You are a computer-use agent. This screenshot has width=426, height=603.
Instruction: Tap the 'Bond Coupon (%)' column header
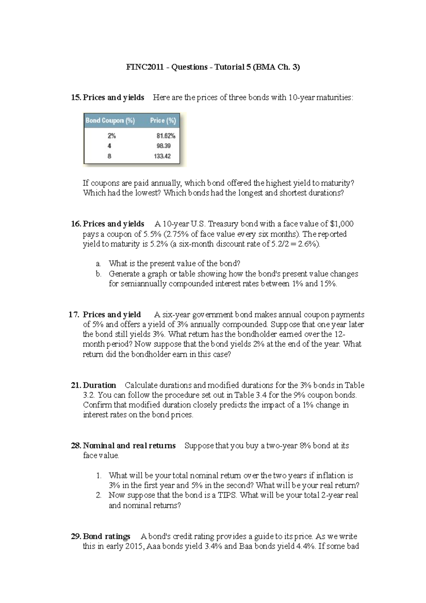tap(110, 121)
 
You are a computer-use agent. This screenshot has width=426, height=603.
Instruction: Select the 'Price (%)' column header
tap(163, 121)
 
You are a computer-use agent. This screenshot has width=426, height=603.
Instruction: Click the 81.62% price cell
tap(166, 136)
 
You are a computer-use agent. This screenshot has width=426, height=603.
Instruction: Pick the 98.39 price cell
tap(164, 146)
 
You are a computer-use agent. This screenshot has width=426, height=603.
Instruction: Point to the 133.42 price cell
tap(162, 156)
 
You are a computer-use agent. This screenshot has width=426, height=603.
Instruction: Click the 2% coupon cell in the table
tap(111, 136)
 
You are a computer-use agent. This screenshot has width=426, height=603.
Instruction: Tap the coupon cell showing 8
tap(109, 156)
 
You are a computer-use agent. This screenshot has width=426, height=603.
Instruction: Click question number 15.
tap(76, 98)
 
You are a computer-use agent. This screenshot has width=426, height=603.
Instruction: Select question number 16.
tap(76, 224)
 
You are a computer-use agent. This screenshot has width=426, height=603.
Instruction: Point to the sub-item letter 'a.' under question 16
tap(98, 264)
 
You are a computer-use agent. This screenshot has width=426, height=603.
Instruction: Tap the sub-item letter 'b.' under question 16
tap(99, 274)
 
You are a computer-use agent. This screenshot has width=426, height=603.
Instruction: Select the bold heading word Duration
tap(99, 385)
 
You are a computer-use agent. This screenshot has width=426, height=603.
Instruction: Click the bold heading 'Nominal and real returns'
tap(129, 446)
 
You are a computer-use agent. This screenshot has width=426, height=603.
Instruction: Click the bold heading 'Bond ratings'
tap(106, 537)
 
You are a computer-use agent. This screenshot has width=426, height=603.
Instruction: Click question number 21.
tap(76, 385)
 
